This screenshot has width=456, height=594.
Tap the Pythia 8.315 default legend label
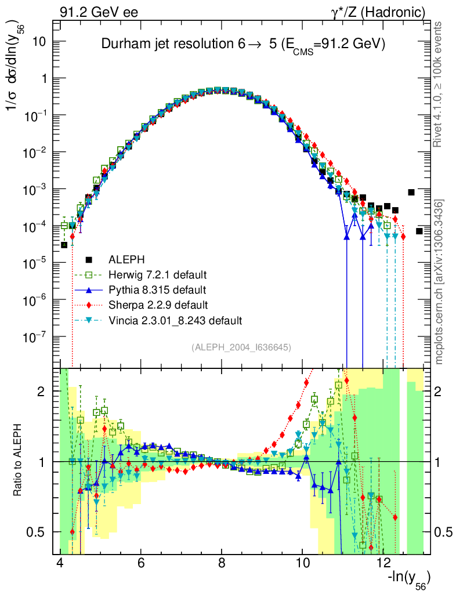pyautogui.click(x=157, y=289)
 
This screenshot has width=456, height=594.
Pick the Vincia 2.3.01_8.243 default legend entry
pyautogui.click(x=174, y=320)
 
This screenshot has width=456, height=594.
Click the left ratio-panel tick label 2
pyautogui.click(x=42, y=392)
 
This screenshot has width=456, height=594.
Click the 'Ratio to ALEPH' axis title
pyautogui.click(x=17, y=461)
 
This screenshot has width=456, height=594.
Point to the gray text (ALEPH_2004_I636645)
pyautogui.click(x=241, y=347)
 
